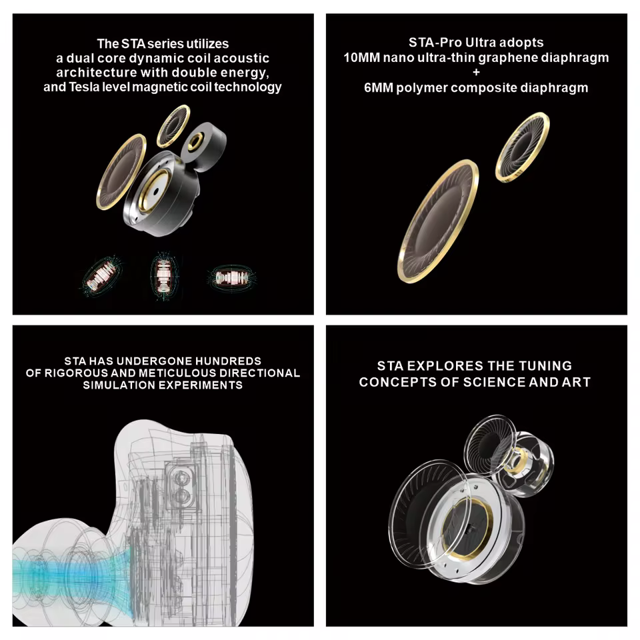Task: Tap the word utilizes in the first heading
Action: [208, 44]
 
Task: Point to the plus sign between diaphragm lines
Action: [476, 72]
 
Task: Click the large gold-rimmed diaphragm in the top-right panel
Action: [439, 221]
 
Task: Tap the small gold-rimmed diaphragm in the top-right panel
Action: [523, 147]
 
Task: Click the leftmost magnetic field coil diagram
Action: [101, 275]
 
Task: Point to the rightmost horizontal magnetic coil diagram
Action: [232, 277]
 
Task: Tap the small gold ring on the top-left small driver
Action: [195, 143]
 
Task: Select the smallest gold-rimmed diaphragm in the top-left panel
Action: [173, 126]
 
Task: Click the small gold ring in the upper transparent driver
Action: [516, 461]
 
